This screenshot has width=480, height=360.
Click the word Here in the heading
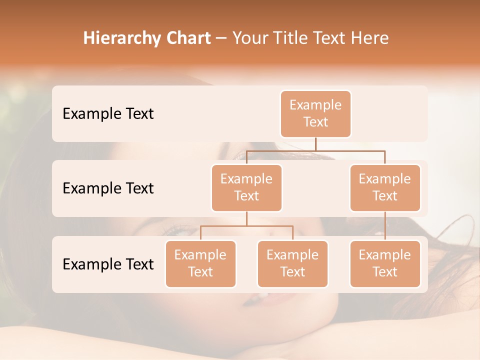pyautogui.click(x=369, y=38)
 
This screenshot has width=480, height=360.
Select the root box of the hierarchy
pyautogui.click(x=315, y=113)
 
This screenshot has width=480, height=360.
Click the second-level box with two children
pyautogui.click(x=246, y=187)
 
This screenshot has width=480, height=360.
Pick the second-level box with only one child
pyautogui.click(x=385, y=187)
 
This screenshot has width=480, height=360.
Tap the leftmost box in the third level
pyautogui.click(x=200, y=263)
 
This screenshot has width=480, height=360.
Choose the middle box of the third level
pyautogui.click(x=292, y=263)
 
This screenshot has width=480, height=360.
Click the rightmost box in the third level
pyautogui.click(x=385, y=263)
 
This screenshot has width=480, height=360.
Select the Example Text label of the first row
pyautogui.click(x=108, y=113)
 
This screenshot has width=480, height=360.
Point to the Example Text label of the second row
pyautogui.click(x=108, y=188)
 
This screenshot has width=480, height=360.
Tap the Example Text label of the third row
pyautogui.click(x=108, y=264)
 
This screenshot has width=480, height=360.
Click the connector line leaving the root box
pyautogui.click(x=315, y=144)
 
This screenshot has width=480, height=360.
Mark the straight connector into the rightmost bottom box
pyautogui.click(x=385, y=225)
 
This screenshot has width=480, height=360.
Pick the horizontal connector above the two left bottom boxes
pyautogui.click(x=246, y=226)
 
